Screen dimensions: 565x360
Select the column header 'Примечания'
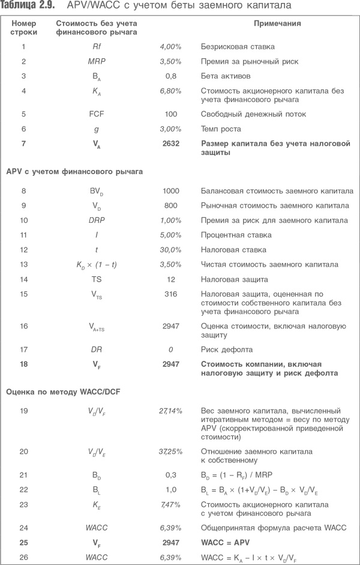point(277,24)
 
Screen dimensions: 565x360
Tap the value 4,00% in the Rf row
point(170,46)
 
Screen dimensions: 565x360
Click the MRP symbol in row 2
point(97,61)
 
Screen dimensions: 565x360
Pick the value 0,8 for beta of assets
point(171,76)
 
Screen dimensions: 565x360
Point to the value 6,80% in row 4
point(170,91)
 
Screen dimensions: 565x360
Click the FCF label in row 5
point(97,113)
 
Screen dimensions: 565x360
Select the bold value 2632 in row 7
point(171,144)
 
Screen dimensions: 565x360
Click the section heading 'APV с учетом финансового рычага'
point(74,172)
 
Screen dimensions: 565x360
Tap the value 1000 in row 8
point(171,192)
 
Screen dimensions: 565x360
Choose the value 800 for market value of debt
point(171,206)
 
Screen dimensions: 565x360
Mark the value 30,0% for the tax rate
point(171,250)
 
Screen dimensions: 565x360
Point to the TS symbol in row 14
point(97,279)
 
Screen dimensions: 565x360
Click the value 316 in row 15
point(171,294)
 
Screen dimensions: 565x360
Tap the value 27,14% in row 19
point(170,411)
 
